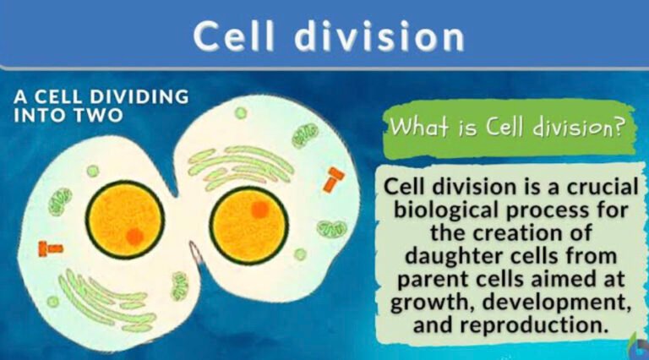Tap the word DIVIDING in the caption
coord(133,96)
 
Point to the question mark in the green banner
coord(620,128)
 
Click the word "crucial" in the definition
coord(581,185)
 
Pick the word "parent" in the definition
coord(422,276)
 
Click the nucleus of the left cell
coord(125,219)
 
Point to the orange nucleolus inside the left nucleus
coord(135,237)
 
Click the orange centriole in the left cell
coord(51,248)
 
